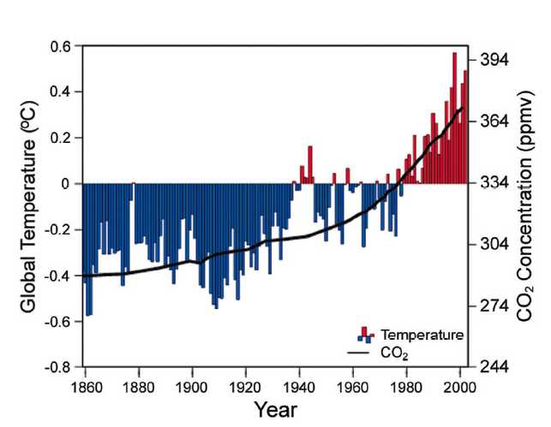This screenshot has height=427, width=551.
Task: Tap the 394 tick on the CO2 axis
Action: (x=494, y=60)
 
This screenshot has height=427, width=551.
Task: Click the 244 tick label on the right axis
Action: (x=494, y=366)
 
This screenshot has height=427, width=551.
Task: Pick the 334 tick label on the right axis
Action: (x=494, y=183)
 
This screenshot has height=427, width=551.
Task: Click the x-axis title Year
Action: (x=276, y=410)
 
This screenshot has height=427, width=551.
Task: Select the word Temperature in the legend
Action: (x=422, y=334)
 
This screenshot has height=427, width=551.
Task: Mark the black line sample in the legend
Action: (x=360, y=351)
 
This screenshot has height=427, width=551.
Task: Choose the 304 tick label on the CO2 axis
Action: (x=494, y=244)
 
